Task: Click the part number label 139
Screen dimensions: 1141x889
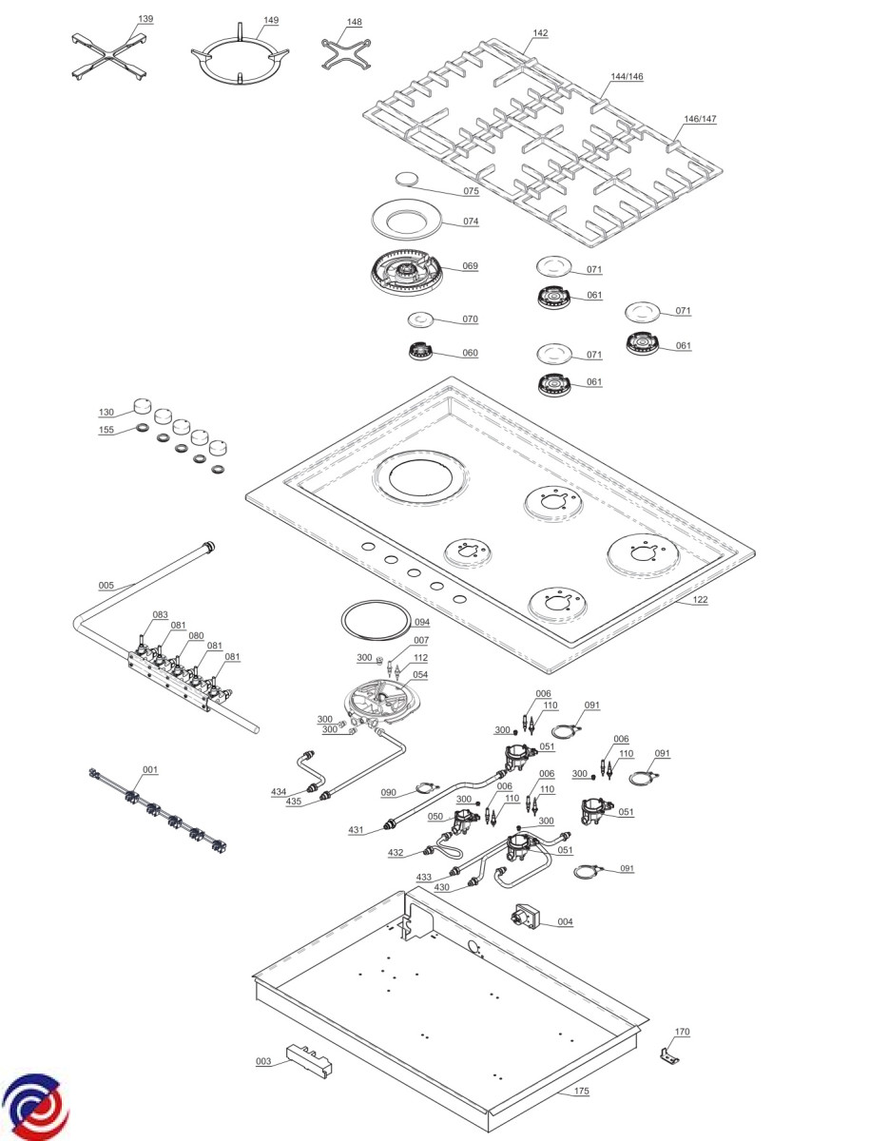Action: pos(145,19)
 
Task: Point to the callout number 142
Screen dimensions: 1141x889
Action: pos(540,33)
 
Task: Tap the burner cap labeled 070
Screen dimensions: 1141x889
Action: pos(419,319)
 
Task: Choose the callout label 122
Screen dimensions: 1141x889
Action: pos(700,600)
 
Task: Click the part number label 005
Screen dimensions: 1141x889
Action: pos(106,585)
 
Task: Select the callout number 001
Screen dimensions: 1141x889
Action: pos(150,769)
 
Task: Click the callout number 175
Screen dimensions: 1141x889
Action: pos(581,1092)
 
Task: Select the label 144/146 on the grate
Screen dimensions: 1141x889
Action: pos(628,76)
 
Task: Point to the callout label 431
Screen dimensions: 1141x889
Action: pos(356,830)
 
